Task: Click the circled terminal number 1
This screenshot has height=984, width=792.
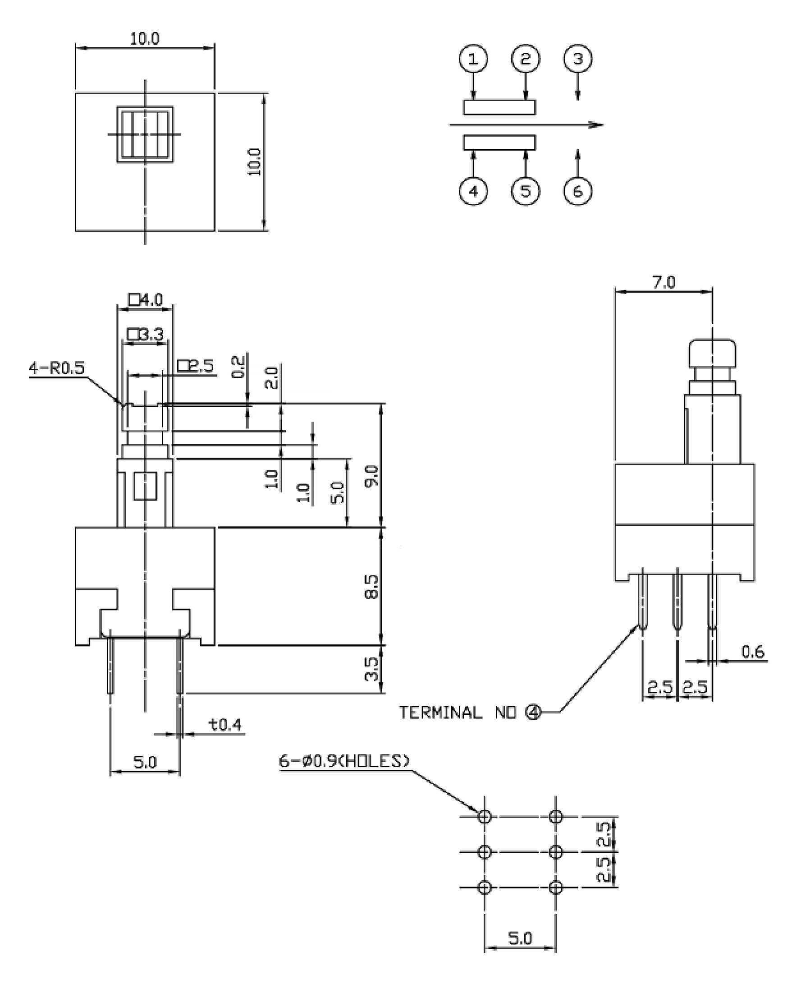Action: [473, 59]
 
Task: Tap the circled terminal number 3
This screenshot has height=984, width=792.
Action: [578, 59]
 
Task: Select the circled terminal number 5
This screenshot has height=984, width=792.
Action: [526, 191]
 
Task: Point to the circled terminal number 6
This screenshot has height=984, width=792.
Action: [578, 191]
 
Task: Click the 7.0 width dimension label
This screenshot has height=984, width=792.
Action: [664, 283]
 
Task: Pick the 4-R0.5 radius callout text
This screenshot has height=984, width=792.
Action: [57, 368]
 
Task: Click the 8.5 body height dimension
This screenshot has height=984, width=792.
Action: [372, 586]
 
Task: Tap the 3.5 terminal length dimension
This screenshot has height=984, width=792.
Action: [372, 669]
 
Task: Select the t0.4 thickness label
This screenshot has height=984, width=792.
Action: [225, 724]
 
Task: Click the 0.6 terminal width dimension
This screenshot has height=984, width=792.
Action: [753, 652]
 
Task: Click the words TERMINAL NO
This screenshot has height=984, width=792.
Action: [458, 713]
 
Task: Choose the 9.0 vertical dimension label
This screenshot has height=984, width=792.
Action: [372, 476]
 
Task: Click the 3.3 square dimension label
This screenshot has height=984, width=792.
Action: [146, 335]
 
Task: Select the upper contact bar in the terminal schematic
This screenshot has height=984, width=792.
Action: [499, 107]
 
